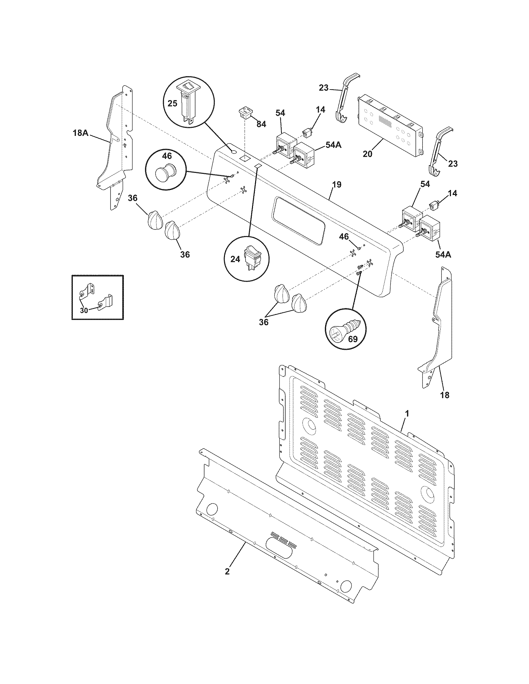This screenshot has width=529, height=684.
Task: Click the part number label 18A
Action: (x=80, y=133)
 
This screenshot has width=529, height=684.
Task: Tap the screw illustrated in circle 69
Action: (x=346, y=330)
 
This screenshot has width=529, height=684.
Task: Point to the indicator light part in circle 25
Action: (x=188, y=103)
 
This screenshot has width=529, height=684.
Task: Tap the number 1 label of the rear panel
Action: (x=407, y=414)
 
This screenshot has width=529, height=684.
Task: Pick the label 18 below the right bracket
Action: (x=444, y=395)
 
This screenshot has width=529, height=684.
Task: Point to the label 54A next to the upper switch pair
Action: (x=334, y=145)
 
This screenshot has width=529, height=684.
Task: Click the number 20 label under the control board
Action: (x=367, y=154)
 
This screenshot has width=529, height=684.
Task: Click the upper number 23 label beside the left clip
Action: (x=324, y=88)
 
